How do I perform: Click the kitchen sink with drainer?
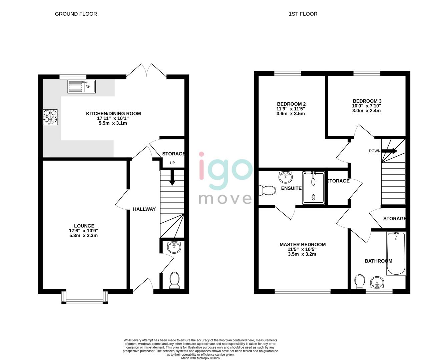(81, 86)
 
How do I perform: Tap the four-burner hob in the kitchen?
(50, 117)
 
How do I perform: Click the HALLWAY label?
(144, 209)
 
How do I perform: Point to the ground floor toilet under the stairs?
(174, 280)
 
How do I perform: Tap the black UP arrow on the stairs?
(172, 178)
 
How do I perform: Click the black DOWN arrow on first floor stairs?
(389, 151)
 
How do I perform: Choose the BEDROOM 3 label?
(367, 101)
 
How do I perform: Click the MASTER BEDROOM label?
(303, 244)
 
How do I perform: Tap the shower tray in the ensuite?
(313, 188)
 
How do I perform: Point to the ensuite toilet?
(267, 190)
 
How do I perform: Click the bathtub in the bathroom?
(396, 253)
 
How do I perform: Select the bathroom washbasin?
(378, 282)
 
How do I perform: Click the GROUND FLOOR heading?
(76, 14)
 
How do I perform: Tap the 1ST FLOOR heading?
(303, 14)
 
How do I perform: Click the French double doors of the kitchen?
(146, 71)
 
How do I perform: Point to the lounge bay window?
(85, 298)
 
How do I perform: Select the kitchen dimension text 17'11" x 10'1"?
(113, 118)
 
